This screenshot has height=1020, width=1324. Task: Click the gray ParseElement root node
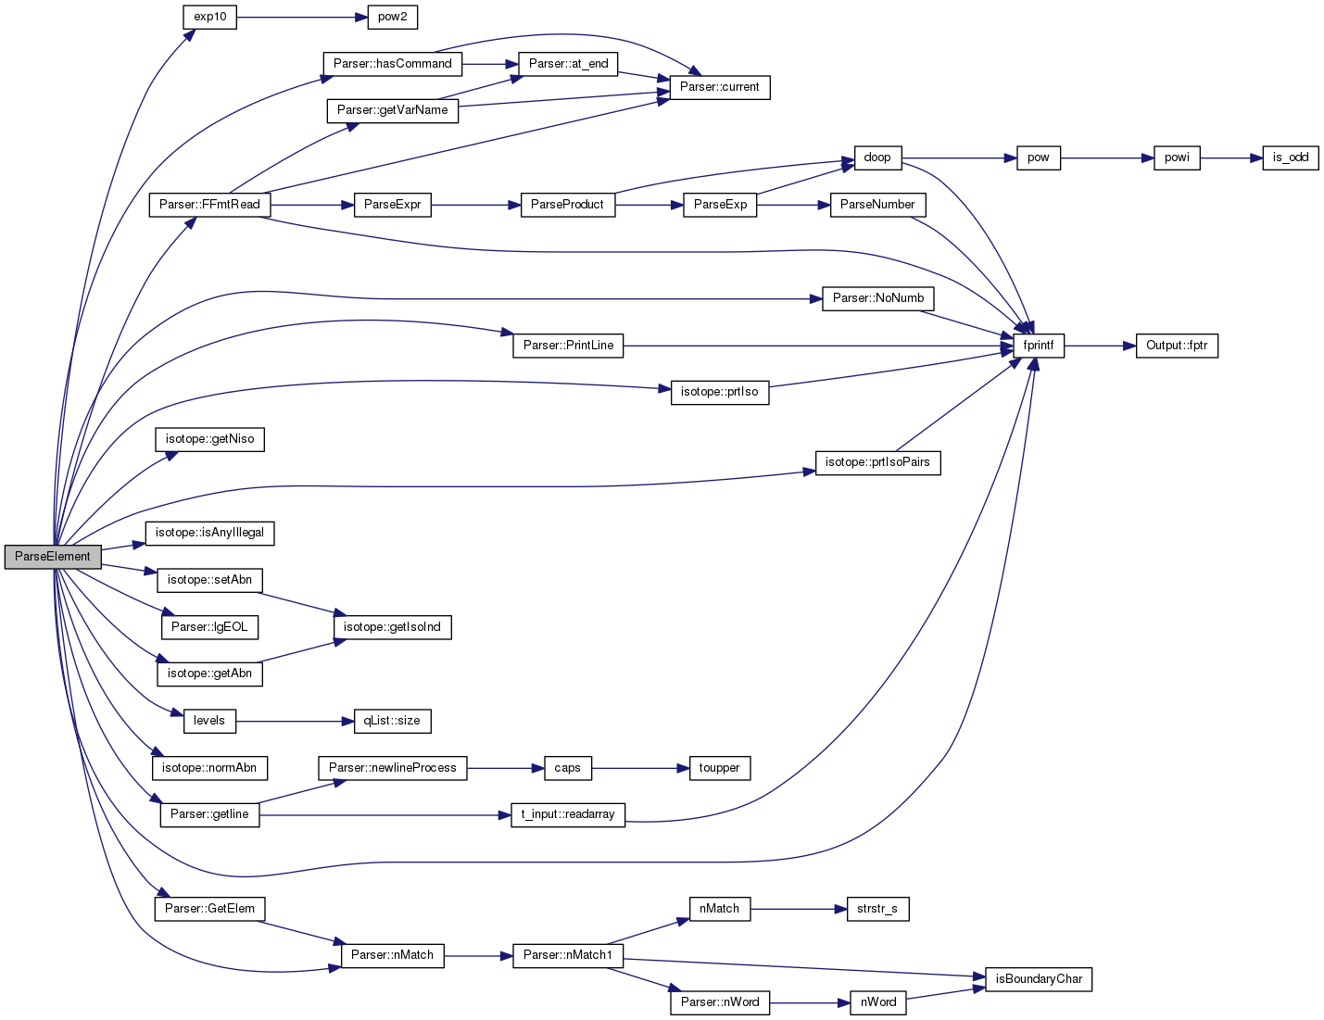click(53, 557)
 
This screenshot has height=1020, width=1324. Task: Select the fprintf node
click(1039, 346)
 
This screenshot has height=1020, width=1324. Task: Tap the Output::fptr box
click(1177, 346)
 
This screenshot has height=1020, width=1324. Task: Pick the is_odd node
click(1291, 157)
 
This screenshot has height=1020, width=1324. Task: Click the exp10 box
click(209, 17)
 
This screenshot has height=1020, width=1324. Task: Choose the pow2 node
click(393, 17)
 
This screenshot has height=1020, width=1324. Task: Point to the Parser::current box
click(720, 87)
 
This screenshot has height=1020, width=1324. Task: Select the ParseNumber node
click(877, 205)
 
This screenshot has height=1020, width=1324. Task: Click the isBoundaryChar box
click(1039, 978)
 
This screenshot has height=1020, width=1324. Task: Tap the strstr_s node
click(877, 909)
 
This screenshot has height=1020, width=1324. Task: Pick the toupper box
click(720, 768)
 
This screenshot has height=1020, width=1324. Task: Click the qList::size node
click(393, 721)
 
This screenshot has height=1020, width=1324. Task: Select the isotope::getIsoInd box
click(393, 627)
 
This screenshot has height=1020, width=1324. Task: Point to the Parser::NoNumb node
click(877, 298)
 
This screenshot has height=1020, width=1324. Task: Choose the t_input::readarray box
click(568, 814)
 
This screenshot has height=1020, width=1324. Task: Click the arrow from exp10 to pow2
click(302, 18)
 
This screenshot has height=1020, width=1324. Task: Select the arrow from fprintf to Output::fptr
click(1101, 346)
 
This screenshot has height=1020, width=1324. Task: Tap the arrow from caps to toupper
click(640, 769)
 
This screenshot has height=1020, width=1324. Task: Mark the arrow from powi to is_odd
click(1231, 158)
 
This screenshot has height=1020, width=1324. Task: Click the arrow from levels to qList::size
click(295, 722)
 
